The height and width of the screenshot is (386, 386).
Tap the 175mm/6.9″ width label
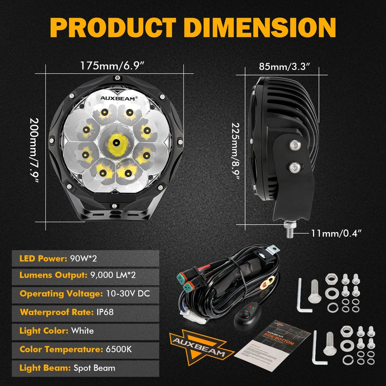click(x=112, y=66)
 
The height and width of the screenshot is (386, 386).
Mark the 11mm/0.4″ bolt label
click(x=336, y=232)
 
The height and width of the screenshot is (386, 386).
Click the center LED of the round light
click(x=115, y=142)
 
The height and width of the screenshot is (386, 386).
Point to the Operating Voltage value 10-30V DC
click(x=127, y=293)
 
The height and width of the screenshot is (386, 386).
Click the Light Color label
click(x=43, y=331)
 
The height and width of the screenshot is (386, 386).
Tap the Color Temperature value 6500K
click(x=119, y=349)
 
